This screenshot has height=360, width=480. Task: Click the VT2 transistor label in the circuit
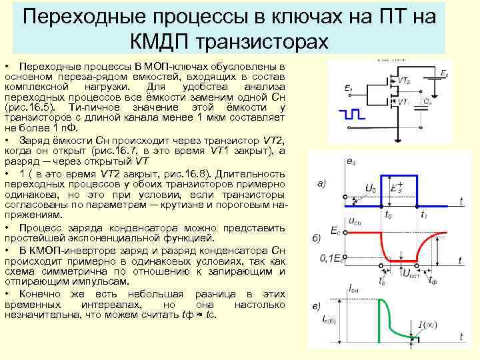[405, 81]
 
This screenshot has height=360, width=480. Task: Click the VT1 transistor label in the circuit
[403, 102]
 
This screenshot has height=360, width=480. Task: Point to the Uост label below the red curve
[413, 273]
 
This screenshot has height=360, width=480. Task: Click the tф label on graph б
[433, 280]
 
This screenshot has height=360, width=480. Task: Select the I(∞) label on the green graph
[427, 325]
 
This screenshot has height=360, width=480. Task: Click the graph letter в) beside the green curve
[319, 306]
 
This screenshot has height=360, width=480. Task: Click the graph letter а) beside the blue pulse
[321, 184]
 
